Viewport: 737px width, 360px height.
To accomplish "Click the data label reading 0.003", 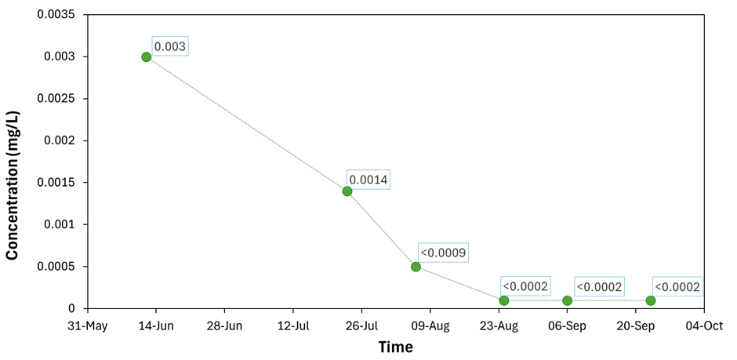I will [170, 46].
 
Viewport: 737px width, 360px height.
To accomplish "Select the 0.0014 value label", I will [368, 180].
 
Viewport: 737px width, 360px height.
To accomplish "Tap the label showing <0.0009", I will [444, 253].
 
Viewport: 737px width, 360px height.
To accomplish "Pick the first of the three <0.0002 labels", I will [525, 286].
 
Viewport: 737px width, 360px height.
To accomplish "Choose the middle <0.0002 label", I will [599, 287].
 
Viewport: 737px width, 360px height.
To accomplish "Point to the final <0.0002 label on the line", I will [677, 287].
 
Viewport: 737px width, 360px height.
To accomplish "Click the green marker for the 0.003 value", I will [146, 57].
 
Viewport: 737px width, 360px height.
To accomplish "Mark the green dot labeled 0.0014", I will [347, 191].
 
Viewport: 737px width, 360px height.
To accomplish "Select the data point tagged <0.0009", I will [416, 267].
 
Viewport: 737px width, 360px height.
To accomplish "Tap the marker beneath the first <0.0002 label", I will [504, 300].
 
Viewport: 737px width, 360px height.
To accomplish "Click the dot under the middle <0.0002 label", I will [568, 300].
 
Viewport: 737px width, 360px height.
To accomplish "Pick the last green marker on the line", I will [651, 300].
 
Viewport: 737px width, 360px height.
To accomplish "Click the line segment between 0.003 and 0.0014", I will [247, 124].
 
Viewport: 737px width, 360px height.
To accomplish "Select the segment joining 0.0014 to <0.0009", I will [382, 229].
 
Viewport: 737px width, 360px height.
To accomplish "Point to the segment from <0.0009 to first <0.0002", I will [460, 284].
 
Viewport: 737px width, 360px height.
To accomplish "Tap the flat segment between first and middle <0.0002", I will [536, 300].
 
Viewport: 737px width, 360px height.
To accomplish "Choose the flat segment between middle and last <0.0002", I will [609, 300].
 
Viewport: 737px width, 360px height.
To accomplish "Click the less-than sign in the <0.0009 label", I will [424, 253].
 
